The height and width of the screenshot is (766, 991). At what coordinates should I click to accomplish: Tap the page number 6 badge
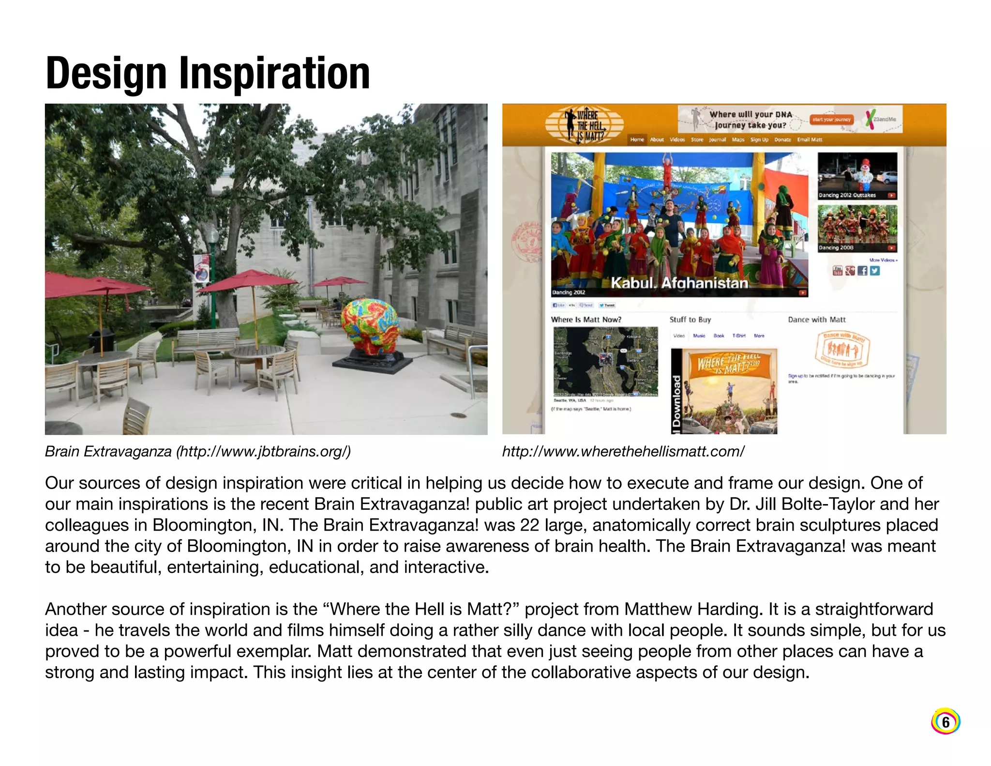945,722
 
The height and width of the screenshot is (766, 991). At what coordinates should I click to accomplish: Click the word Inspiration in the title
274,74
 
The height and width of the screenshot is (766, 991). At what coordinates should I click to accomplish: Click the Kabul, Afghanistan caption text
679,283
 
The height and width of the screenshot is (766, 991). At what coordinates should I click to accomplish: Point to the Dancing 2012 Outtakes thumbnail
857,175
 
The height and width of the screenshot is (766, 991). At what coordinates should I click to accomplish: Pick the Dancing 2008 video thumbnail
857,228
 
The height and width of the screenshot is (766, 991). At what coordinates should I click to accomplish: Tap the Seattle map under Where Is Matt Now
605,361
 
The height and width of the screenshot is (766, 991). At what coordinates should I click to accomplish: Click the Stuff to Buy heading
690,320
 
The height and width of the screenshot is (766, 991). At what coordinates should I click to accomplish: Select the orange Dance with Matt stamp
842,349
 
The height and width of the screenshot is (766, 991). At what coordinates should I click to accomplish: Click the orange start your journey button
831,119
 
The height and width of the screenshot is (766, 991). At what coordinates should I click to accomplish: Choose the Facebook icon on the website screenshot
862,271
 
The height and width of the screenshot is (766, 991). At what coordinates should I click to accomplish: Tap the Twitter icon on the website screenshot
875,271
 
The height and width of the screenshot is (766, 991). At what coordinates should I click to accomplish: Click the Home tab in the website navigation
637,139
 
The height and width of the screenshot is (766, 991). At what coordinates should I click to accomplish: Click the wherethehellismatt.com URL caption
623,451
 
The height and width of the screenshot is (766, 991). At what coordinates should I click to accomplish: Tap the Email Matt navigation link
810,139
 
